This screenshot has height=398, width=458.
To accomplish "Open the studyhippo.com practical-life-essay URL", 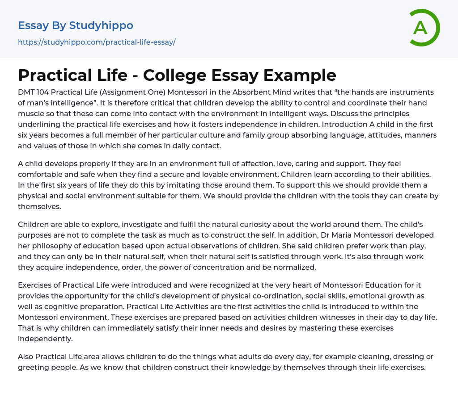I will tap(97, 42).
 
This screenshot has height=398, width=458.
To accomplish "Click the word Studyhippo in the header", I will tap(101, 25).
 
